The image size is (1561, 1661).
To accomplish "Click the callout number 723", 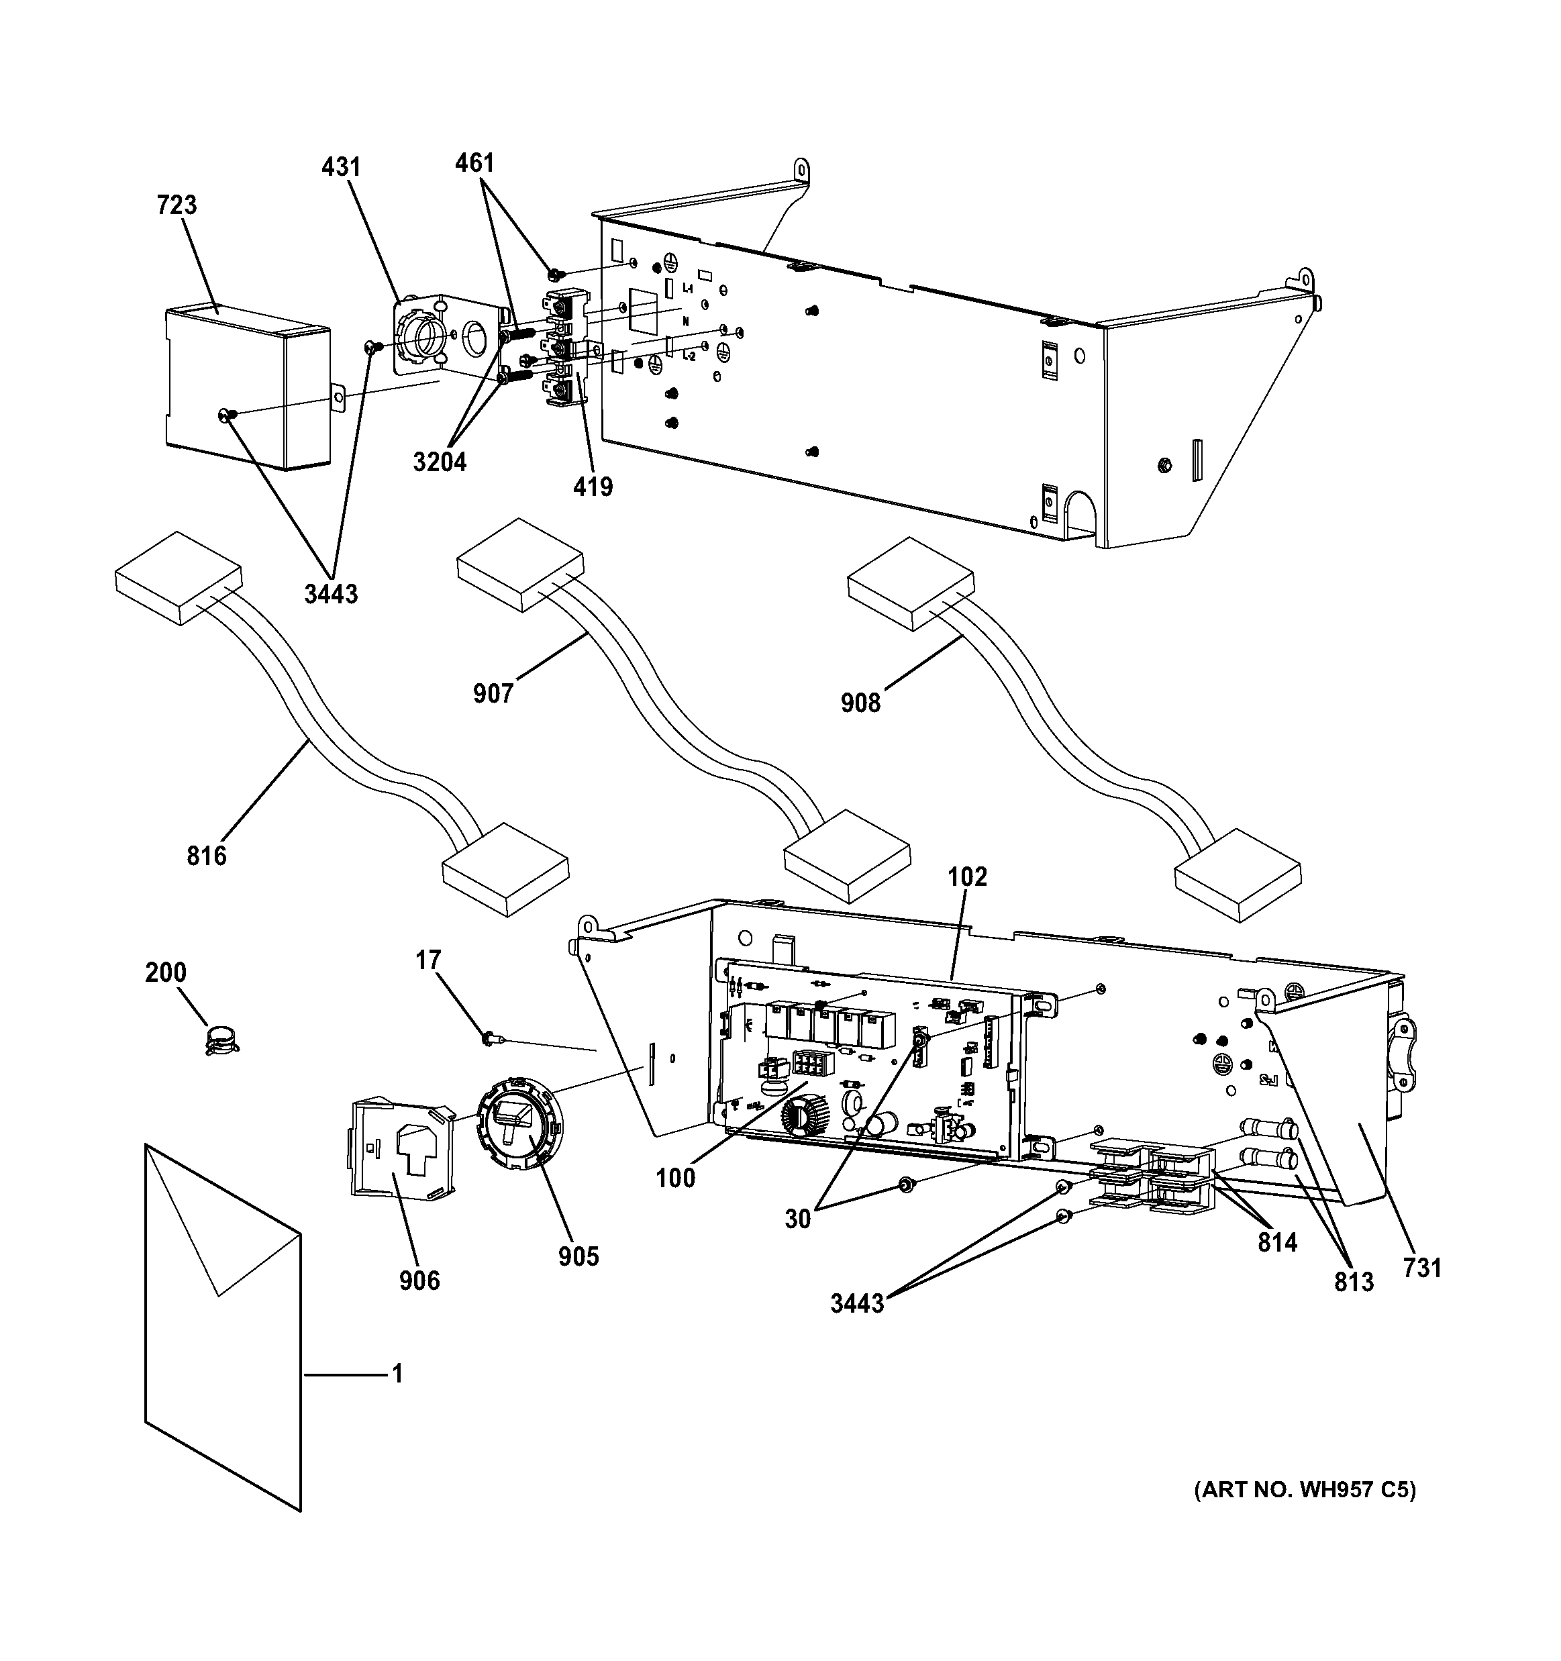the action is [x=177, y=205].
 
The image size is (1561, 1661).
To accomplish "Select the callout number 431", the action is [x=341, y=167].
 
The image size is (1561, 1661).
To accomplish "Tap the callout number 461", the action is [x=474, y=163].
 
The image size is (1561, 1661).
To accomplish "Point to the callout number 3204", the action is [x=440, y=461].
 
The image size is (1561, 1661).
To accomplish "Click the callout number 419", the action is [x=593, y=487].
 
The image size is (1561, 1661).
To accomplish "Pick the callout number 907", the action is [x=493, y=693].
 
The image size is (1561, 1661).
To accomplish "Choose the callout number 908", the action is [x=861, y=703].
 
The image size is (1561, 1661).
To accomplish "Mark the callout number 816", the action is [x=207, y=856].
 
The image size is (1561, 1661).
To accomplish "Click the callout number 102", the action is [x=967, y=876].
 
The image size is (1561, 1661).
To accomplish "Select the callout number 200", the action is [x=166, y=972].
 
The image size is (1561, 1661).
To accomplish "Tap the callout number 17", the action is [x=428, y=961].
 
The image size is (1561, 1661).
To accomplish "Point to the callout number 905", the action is [x=579, y=1256].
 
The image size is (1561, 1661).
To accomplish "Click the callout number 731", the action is [x=1422, y=1268].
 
